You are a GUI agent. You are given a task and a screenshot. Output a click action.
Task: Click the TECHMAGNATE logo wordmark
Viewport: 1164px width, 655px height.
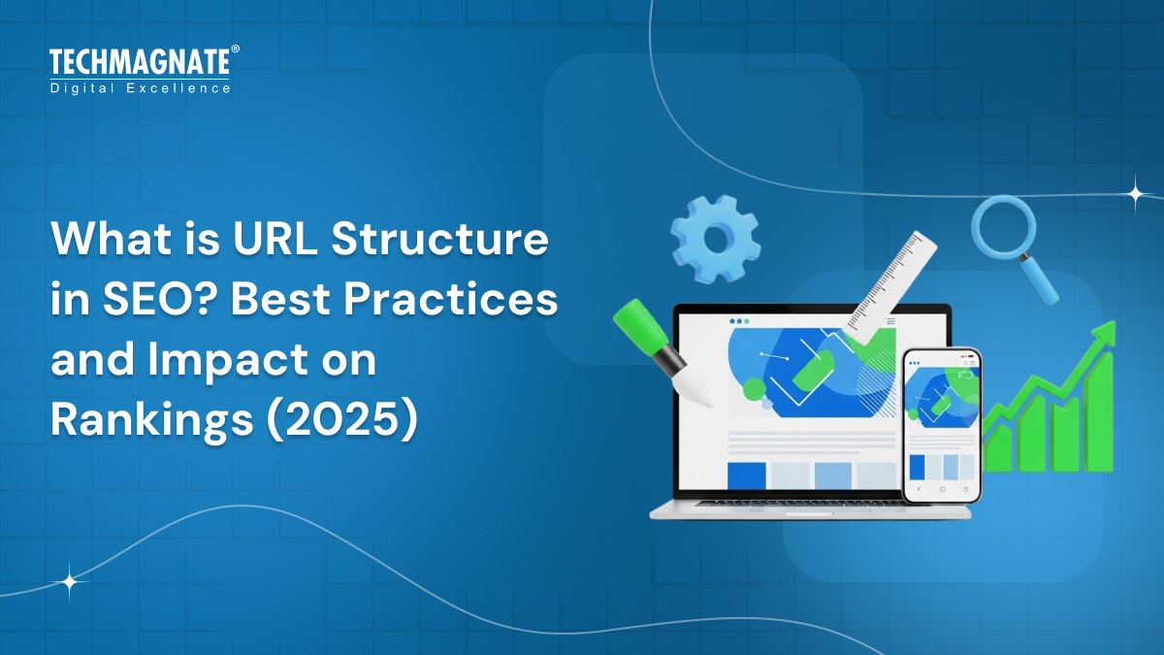tap(139, 63)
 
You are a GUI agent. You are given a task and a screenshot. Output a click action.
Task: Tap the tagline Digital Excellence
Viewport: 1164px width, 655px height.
tap(141, 88)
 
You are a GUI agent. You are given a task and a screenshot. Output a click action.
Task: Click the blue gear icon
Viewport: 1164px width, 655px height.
tap(716, 238)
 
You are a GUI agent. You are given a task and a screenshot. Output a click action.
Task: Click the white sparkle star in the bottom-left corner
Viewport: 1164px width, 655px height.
tap(70, 582)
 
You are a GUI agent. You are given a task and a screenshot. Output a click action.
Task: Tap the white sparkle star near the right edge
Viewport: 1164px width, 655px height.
tap(1135, 193)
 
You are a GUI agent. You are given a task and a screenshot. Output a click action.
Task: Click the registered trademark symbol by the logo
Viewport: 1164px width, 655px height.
tap(234, 49)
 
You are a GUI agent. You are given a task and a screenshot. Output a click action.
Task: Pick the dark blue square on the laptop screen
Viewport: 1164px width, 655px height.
tap(746, 475)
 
